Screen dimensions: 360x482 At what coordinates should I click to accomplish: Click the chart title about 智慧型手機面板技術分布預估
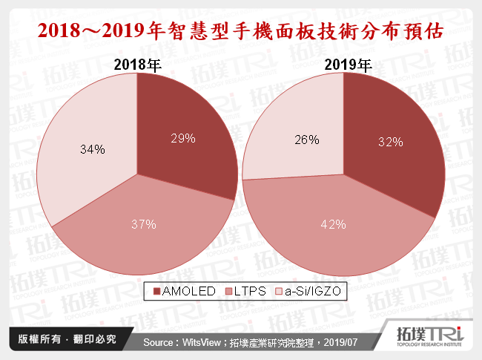(240, 30)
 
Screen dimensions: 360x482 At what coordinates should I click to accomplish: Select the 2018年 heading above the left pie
(137, 65)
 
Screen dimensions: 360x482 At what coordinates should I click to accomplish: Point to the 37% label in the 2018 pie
(143, 224)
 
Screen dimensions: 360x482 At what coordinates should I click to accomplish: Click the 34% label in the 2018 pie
(92, 149)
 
